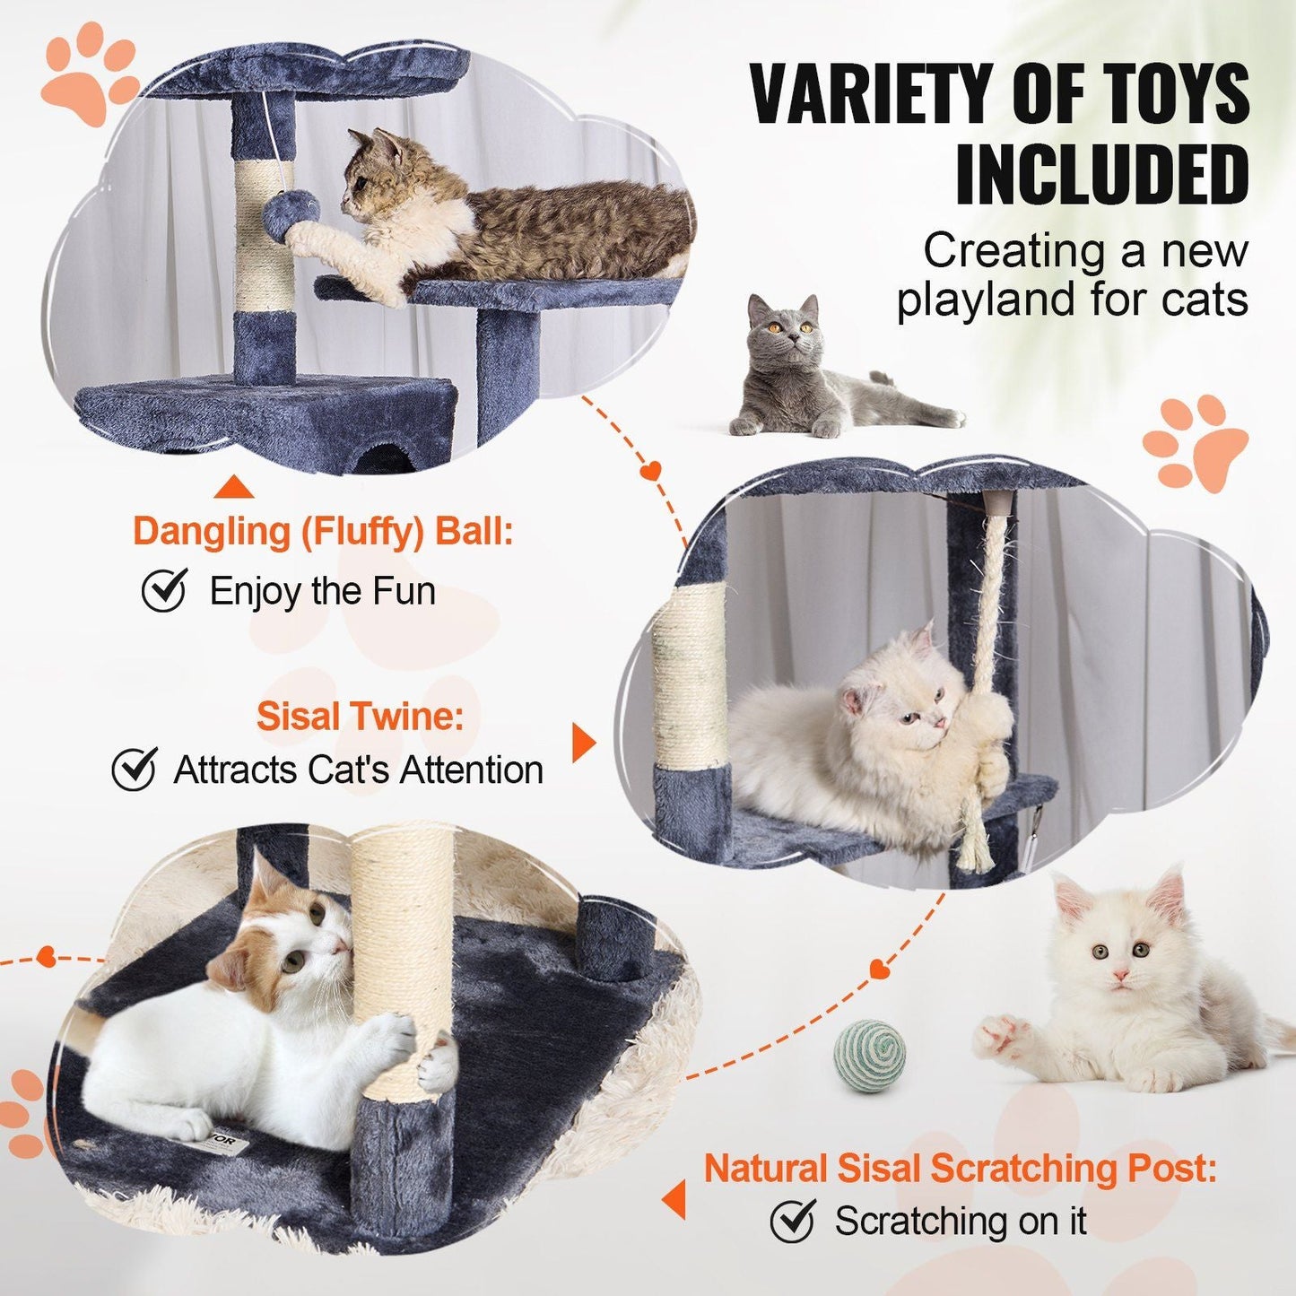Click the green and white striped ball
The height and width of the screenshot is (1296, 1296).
[x=869, y=1056]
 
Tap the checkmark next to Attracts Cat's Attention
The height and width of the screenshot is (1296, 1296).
[x=135, y=769]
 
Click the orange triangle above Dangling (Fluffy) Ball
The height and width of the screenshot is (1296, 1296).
[x=234, y=488]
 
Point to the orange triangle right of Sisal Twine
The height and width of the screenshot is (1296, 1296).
[x=583, y=743]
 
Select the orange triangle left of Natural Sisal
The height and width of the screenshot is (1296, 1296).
[x=674, y=1199]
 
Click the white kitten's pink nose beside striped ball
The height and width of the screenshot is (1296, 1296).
[x=1119, y=974]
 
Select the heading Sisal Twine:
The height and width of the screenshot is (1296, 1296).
[x=361, y=717]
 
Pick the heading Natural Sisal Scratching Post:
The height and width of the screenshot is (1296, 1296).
[x=960, y=1168]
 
